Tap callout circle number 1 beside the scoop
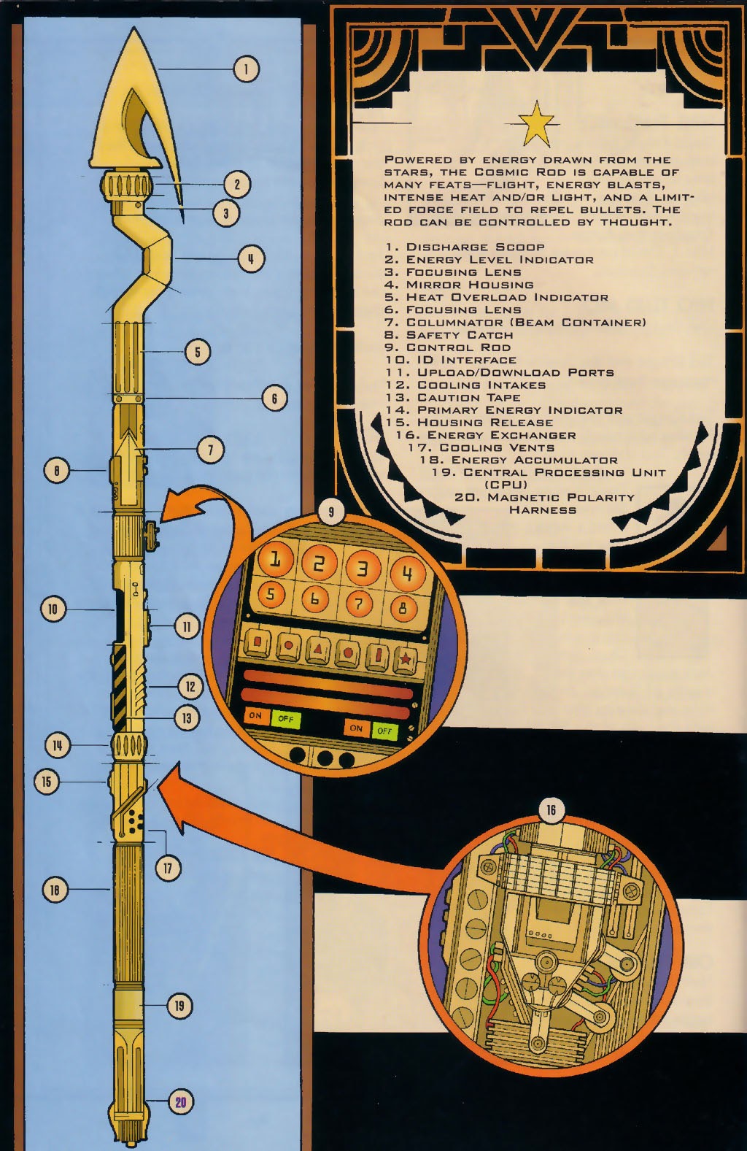247,69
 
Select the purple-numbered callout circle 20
180,1102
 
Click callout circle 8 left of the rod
57,471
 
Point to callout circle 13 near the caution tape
187,718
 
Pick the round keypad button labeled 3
363,567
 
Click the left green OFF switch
285,719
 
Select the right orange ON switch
356,728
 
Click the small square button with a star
405,660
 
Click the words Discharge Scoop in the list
475,247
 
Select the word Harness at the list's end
542,510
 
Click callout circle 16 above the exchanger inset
551,810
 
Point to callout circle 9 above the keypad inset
331,512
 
